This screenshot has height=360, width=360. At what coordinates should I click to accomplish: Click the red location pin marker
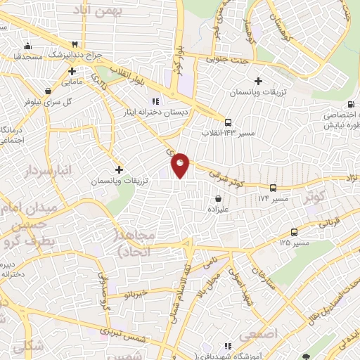coord(181,165)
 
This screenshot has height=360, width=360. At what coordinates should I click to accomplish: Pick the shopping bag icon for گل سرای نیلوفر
coord(47,90)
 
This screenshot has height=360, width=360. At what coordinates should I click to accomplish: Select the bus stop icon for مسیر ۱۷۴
coord(274,188)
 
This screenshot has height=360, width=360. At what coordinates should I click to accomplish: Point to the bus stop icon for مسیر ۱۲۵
coord(293,231)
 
